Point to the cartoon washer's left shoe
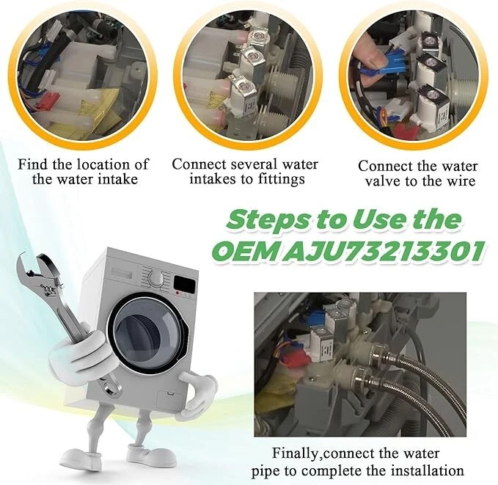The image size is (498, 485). pos(79,459)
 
